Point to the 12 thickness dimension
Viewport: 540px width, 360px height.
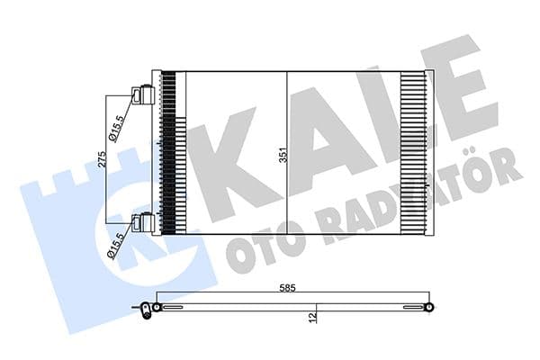click(310, 316)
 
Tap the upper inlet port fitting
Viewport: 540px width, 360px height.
click(141, 95)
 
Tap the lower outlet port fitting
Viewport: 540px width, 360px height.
click(141, 222)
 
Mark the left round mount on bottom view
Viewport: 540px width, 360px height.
click(157, 308)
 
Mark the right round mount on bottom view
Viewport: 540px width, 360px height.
click(429, 308)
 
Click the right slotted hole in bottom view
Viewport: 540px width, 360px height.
click(410, 308)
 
